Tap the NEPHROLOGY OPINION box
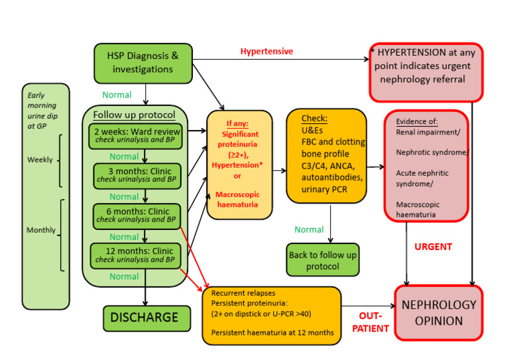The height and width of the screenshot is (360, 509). pyautogui.click(x=439, y=313)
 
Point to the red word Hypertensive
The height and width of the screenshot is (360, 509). pyautogui.click(x=266, y=51)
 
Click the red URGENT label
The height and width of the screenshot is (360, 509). pyautogui.click(x=433, y=247)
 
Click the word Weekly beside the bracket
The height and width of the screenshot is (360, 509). pyautogui.click(x=40, y=160)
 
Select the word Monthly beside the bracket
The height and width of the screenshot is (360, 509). pyautogui.click(x=40, y=230)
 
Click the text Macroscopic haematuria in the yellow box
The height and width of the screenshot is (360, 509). pyautogui.click(x=239, y=200)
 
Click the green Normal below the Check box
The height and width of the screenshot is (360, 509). pyautogui.click(x=310, y=229)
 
